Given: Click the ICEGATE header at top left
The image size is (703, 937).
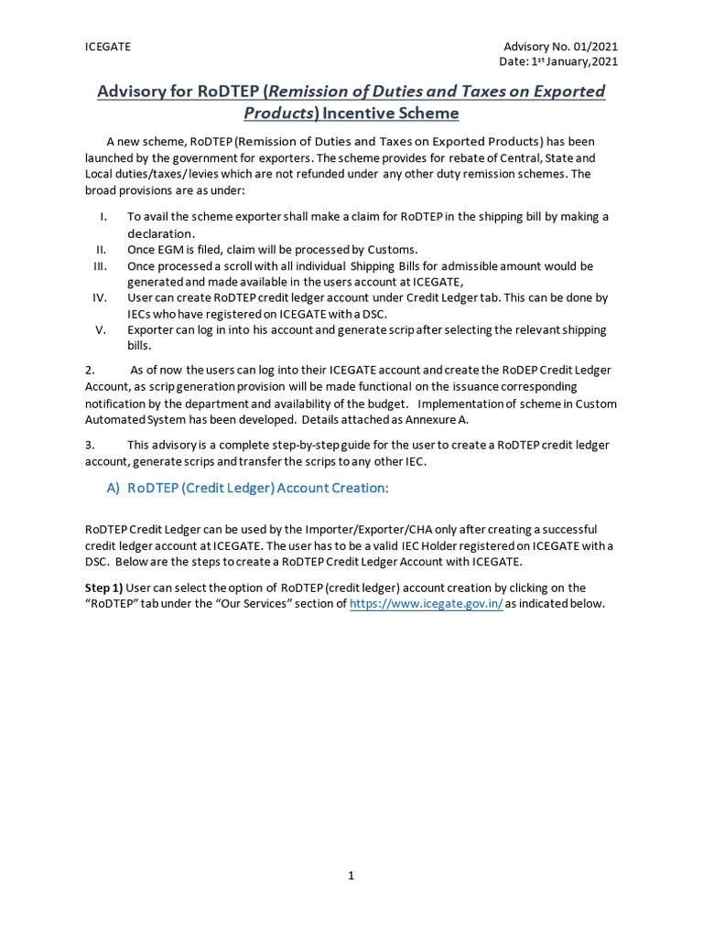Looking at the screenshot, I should tap(107, 47).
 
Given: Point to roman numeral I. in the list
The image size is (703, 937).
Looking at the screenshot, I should tap(104, 217).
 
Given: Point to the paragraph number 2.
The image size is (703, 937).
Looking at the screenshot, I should tap(90, 370).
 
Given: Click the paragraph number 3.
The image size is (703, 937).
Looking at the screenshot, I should tap(90, 445).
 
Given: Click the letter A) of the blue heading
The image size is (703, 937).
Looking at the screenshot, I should tap(114, 489).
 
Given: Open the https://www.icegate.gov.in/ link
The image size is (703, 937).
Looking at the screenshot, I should tap(427, 604).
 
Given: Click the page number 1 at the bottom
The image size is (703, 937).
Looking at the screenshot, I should tap(351, 876).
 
